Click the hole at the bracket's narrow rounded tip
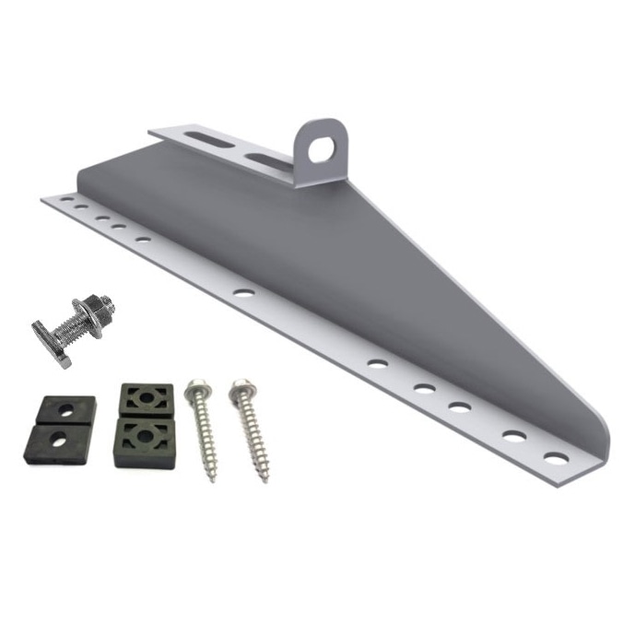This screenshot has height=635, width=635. click(x=555, y=457)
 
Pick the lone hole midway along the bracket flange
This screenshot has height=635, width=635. click(x=243, y=292)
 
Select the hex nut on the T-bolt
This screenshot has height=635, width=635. click(x=104, y=305)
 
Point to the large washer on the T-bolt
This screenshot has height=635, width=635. click(x=92, y=312)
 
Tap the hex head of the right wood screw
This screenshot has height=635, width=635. click(x=241, y=386)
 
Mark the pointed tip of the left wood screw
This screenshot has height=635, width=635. click(x=212, y=478)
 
